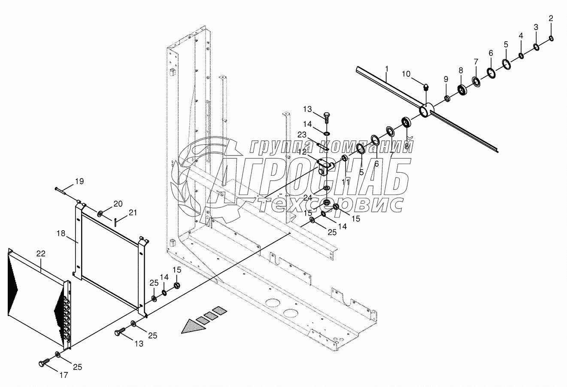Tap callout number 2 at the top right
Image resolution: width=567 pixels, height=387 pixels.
point(551,18)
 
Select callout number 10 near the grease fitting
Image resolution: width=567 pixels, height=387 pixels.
point(406,74)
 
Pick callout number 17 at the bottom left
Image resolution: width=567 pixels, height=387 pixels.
point(63,375)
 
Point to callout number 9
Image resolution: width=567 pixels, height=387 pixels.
point(446,79)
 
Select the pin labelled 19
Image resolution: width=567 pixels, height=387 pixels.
point(62,190)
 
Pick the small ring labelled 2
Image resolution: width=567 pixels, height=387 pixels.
point(552,39)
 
